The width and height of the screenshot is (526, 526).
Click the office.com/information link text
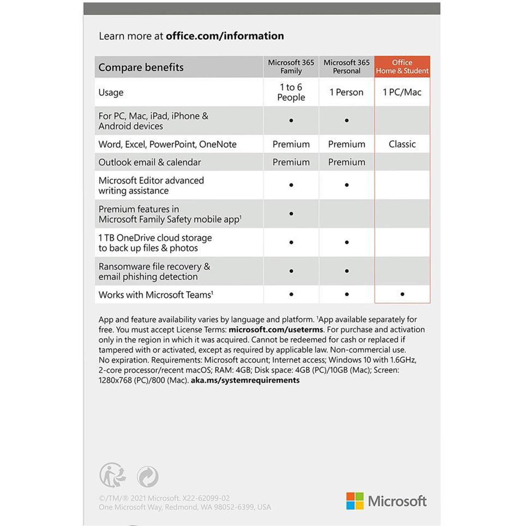[225, 36]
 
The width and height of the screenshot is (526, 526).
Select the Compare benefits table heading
[141, 67]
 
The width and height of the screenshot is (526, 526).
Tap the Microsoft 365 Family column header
[291, 67]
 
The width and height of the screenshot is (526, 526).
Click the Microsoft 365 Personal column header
[347, 67]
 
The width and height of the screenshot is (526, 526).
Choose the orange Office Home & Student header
[402, 67]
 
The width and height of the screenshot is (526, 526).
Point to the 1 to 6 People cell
[291, 92]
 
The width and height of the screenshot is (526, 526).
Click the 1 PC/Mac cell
[402, 92]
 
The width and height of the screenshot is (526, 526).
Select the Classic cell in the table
[402, 144]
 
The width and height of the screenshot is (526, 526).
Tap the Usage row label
[111, 92]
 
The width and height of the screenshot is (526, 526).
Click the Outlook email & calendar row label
[150, 162]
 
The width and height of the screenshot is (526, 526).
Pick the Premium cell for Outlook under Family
[291, 162]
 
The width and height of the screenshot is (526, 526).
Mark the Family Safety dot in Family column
[291, 214]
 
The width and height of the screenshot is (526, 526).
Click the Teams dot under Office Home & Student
[402, 294]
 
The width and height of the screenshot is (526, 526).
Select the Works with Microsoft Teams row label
[156, 295]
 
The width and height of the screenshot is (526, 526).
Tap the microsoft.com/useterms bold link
[276, 329]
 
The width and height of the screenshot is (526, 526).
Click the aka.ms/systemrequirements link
[245, 380]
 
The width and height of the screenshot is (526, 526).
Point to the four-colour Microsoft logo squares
[355, 501]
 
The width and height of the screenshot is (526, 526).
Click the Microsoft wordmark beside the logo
[397, 501]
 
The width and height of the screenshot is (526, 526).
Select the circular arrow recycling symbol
[148, 476]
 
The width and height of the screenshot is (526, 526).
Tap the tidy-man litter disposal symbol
[112, 475]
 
